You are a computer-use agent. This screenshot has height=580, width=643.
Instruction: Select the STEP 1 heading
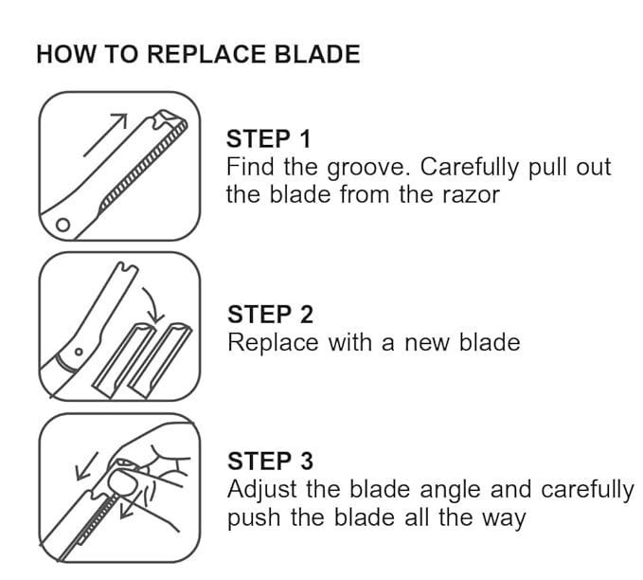click(269, 138)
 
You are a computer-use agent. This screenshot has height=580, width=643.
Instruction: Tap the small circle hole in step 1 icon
click(63, 226)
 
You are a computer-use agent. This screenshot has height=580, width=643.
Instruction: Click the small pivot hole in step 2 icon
click(78, 352)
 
